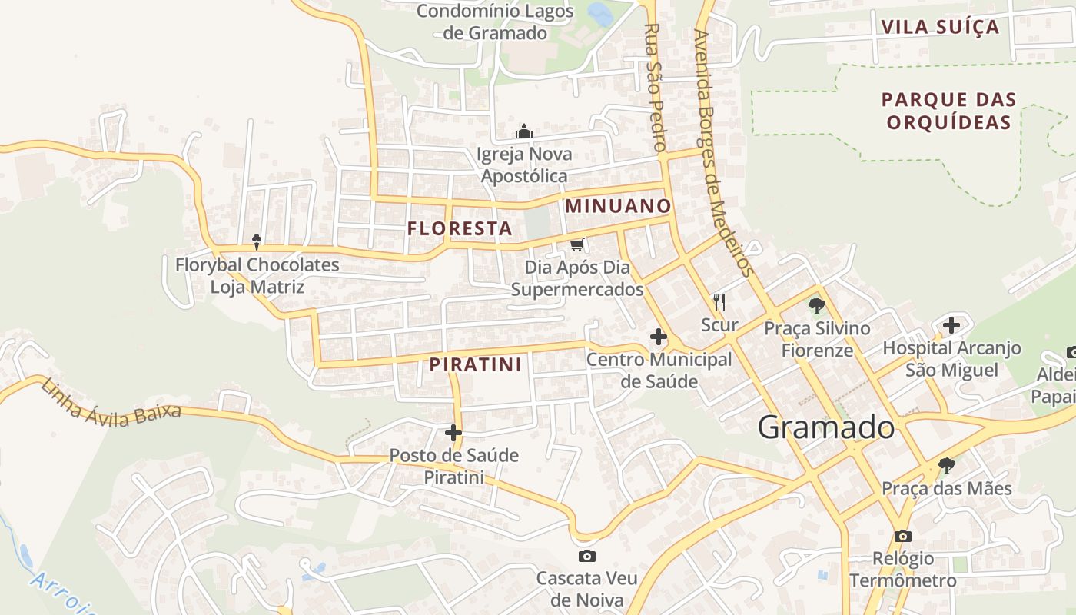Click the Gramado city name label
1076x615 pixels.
tap(826, 427)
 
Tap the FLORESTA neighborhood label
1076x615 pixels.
tap(460, 228)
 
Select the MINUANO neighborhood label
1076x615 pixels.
tap(619, 206)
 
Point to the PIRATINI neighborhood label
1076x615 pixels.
tap(476, 364)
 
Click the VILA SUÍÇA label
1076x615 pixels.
tap(940, 27)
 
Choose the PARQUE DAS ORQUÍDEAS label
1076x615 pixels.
tap(948, 111)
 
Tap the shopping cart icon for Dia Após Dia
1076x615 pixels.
tap(576, 244)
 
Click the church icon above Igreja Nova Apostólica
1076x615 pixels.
tap(524, 131)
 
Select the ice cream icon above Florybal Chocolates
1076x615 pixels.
tap(257, 242)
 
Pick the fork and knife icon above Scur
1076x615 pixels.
tap(719, 301)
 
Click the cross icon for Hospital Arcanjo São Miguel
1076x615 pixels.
tap(951, 325)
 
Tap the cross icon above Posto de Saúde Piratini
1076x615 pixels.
tap(453, 433)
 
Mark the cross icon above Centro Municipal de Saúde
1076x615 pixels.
tap(659, 337)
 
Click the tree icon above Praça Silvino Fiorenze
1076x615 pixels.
tap(816, 306)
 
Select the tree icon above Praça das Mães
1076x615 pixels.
tap(946, 466)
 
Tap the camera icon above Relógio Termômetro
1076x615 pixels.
tap(903, 536)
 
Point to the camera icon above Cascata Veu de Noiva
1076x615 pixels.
tap(587, 556)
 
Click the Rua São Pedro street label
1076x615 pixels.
tap(654, 86)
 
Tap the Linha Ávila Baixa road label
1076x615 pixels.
tap(111, 401)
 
